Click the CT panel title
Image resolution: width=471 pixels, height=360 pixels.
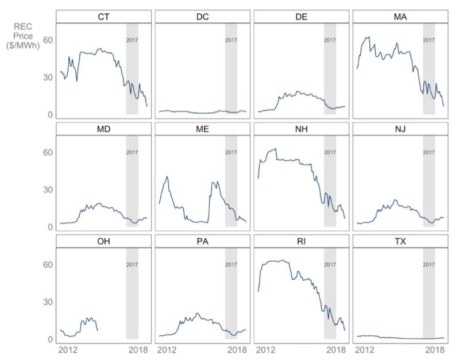[x=103, y=17]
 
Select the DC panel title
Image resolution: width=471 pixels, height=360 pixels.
[x=202, y=17]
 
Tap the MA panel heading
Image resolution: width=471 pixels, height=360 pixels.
[x=400, y=17]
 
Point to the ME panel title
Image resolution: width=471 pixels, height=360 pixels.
[x=202, y=129]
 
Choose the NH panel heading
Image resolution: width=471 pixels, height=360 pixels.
[x=301, y=129]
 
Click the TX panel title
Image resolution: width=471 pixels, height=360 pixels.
[x=400, y=242]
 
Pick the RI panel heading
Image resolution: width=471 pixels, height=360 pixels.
[x=301, y=242]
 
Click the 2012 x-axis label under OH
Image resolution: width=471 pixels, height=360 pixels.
[x=68, y=350]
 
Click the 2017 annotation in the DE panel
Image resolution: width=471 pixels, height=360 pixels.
[x=330, y=40]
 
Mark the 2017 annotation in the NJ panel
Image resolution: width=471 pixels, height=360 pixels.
[x=428, y=153]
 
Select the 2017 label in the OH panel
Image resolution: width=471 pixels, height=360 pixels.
[x=132, y=265]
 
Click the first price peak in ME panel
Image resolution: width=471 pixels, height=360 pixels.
[x=167, y=177]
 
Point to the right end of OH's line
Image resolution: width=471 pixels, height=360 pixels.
[x=98, y=330]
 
